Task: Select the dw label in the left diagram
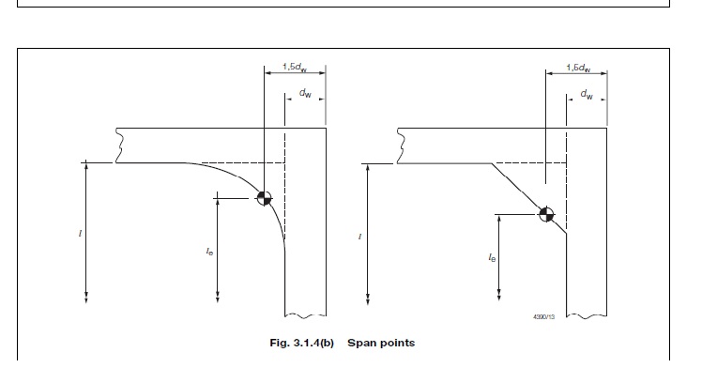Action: [x=306, y=94]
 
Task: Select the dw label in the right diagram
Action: [x=586, y=94]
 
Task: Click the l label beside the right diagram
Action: [x=359, y=236]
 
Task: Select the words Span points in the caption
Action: [x=381, y=343]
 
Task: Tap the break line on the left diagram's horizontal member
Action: [x=117, y=146]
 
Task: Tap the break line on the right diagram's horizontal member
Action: [x=401, y=146]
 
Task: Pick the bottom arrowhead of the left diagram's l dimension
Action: [x=86, y=299]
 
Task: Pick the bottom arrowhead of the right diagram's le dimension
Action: [x=497, y=299]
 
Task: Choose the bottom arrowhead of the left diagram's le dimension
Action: [x=217, y=299]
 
